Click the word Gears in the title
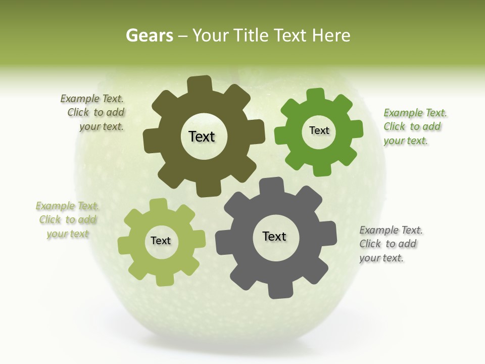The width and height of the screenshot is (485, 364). pyautogui.click(x=150, y=35)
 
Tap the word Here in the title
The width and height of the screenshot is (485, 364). pyautogui.click(x=331, y=35)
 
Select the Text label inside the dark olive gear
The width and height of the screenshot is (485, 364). pyautogui.click(x=202, y=136)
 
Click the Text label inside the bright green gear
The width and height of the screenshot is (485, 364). pyautogui.click(x=319, y=130)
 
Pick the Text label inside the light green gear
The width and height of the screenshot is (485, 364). pyautogui.click(x=161, y=241)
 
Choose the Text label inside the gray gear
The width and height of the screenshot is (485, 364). pyautogui.click(x=274, y=236)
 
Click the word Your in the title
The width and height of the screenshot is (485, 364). pyautogui.click(x=211, y=35)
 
